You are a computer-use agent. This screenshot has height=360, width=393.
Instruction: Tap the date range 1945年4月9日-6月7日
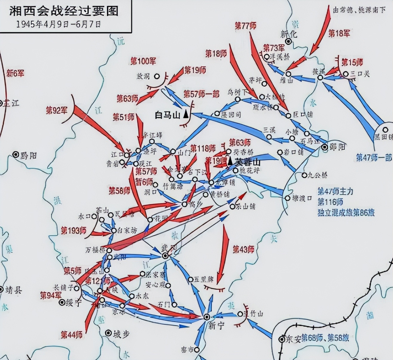click(x=58, y=24)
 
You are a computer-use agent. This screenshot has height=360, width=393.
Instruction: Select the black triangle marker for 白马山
click(x=186, y=114)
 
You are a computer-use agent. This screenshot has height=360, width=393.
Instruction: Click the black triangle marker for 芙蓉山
click(x=230, y=161)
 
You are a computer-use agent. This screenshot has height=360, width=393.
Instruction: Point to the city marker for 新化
click(x=288, y=41)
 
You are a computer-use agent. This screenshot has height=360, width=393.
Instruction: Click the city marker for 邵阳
click(x=325, y=147)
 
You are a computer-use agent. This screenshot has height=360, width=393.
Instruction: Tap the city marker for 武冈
click(x=165, y=256)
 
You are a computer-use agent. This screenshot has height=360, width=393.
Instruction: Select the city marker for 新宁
click(x=207, y=317)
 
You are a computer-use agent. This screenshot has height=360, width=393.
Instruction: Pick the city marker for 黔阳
click(x=16, y=154)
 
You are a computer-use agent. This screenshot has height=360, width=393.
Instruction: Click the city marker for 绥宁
click(x=62, y=303)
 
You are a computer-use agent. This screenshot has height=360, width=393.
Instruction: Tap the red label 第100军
click(x=143, y=61)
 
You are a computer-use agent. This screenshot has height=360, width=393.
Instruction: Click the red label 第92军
click(x=57, y=110)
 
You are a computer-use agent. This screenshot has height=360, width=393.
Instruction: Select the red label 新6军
click(x=15, y=73)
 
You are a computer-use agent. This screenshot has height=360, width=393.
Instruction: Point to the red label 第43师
click(x=243, y=249)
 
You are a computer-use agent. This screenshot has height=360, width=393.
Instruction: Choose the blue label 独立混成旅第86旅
click(x=346, y=213)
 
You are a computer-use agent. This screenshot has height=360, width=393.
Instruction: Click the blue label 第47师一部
click(x=374, y=158)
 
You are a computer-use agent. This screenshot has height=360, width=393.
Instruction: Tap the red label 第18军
click(x=339, y=33)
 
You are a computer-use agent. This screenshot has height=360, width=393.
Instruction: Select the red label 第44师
click(x=72, y=335)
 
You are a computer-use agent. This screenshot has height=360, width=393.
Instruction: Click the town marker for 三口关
click(x=346, y=74)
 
